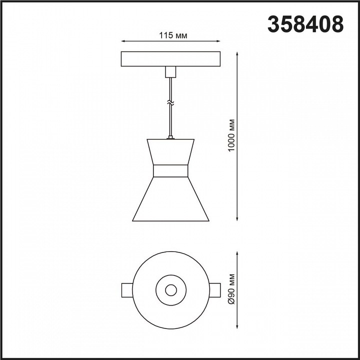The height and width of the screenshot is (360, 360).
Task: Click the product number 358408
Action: click(x=305, y=24)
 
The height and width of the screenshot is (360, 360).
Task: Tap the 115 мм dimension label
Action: click(x=173, y=35)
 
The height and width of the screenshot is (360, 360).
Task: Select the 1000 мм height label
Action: click(x=232, y=135)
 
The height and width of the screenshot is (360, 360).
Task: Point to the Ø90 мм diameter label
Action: click(x=232, y=289)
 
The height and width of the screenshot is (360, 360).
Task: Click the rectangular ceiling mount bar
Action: click(x=170, y=59)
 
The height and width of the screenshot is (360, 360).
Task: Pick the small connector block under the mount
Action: click(x=170, y=72)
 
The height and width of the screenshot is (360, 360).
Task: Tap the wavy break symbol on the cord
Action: click(x=170, y=103)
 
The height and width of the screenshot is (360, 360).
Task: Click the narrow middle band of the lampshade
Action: click(x=170, y=171)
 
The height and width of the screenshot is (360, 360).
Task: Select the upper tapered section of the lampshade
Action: click(x=170, y=152)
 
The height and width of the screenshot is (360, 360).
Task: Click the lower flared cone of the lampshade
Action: click(x=170, y=199)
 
